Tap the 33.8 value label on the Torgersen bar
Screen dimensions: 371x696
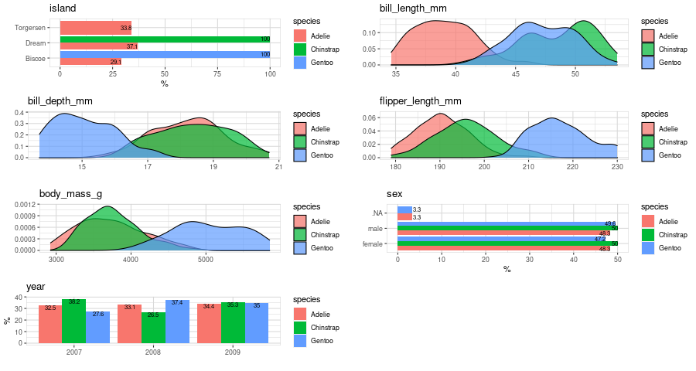coord(125,28)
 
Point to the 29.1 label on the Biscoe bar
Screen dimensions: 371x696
coord(115,62)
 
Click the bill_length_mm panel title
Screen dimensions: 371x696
coord(412,9)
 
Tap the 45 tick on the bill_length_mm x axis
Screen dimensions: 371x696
coord(515,75)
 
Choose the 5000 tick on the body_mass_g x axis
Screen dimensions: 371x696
coord(205,260)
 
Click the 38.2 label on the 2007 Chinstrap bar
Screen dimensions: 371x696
coord(74,303)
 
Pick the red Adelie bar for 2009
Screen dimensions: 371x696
coord(209,324)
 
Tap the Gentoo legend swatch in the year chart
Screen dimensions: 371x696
coord(301,341)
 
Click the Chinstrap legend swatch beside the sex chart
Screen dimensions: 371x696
coord(649,234)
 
